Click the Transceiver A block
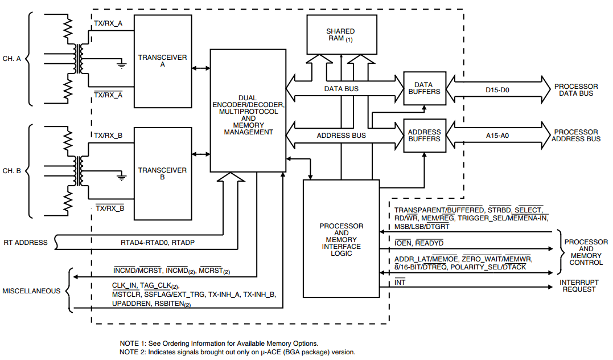click(x=163, y=61)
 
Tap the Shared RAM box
click(x=340, y=35)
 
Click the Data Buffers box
click(x=425, y=88)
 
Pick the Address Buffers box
click(x=425, y=136)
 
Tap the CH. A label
click(x=12, y=58)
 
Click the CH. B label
click(x=12, y=171)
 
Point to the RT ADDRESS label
click(x=26, y=243)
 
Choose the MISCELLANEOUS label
click(x=32, y=291)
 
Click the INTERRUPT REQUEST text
click(x=578, y=285)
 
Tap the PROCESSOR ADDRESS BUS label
click(x=577, y=136)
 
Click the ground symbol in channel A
click(x=121, y=65)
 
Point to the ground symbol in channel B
click(x=121, y=177)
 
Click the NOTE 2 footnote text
click(x=237, y=352)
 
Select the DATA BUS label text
click(x=341, y=89)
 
